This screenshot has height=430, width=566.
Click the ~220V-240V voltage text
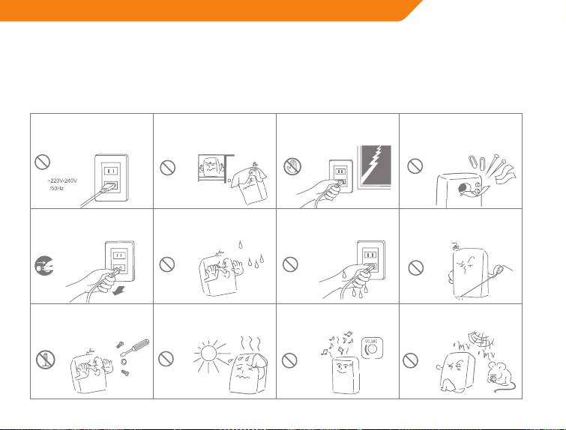click(62, 181)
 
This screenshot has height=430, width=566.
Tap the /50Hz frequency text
click(57, 188)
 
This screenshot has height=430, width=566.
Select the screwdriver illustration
click(135, 347)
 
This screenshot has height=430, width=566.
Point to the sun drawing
click(209, 353)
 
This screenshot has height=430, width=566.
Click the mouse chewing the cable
click(501, 377)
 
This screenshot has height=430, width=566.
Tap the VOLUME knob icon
click(371, 348)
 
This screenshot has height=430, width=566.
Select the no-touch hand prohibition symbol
click(292, 166)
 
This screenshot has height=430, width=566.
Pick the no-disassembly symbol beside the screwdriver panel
click(45, 360)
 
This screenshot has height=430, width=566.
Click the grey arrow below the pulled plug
click(118, 290)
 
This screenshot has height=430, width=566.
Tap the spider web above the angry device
click(480, 339)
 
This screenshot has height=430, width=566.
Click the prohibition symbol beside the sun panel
click(166, 359)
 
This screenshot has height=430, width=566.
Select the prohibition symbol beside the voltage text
click(42, 162)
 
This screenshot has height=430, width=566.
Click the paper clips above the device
click(478, 163)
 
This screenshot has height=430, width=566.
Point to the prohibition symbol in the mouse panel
click(410, 360)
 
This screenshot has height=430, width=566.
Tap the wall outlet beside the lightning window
click(341, 176)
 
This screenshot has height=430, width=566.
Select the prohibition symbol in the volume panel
click(289, 360)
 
